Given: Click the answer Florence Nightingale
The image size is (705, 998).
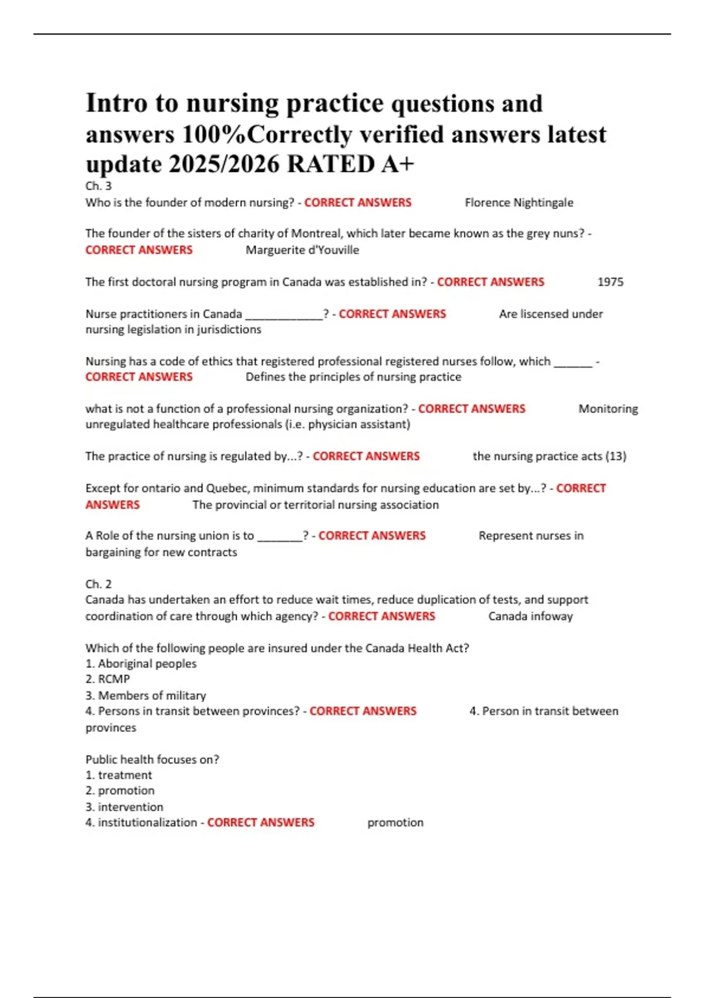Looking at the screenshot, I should (x=519, y=203).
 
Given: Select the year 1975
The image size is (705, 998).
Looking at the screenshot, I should (x=610, y=282).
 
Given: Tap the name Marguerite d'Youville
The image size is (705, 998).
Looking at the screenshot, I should (x=302, y=250).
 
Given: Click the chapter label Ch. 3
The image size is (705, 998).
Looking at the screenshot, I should (x=98, y=186).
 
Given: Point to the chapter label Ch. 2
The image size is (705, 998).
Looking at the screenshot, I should (x=98, y=584).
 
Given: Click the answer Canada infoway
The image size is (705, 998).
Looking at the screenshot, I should (x=531, y=616).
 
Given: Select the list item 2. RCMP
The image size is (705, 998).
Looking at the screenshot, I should (x=108, y=679).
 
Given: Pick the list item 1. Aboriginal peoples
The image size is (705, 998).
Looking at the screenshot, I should (x=141, y=664).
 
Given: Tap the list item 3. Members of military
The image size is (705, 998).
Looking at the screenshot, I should (x=146, y=696).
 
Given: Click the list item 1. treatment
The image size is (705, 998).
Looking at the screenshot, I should (x=119, y=776).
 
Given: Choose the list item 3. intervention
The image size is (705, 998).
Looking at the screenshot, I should (x=125, y=807).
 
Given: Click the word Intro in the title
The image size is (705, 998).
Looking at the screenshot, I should (x=116, y=103).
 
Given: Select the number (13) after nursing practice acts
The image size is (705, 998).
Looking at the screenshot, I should (x=616, y=456).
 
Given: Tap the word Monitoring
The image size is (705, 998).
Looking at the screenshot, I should (x=608, y=409).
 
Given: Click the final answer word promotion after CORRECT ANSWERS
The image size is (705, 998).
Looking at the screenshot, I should (x=395, y=823).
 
